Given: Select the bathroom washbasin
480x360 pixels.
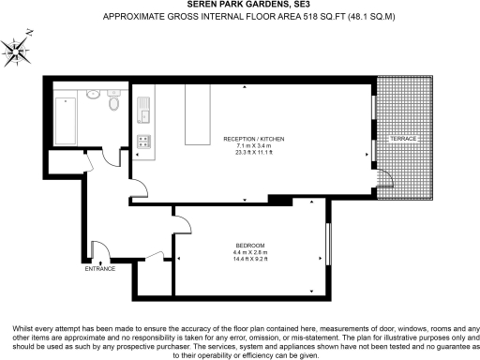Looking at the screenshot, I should [x=94, y=95].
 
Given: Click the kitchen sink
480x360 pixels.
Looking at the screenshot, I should [x=144, y=114].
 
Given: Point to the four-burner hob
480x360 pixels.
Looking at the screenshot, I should [x=144, y=142].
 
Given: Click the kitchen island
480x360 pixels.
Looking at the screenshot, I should [x=198, y=119].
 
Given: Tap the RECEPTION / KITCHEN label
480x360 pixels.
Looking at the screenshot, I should [x=253, y=139].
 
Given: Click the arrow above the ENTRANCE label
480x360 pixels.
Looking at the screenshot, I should [x=97, y=260].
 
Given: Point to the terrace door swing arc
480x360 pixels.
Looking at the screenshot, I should [x=384, y=178].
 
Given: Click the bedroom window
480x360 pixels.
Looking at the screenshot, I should [x=327, y=244].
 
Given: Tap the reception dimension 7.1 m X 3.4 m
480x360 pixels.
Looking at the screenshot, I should [x=253, y=146].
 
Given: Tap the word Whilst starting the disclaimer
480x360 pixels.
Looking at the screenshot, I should [x=24, y=328].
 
